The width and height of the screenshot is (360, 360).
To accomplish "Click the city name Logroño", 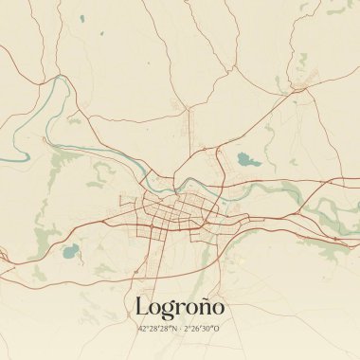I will click(x=179, y=308).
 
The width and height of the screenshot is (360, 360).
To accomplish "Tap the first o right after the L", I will click(x=156, y=309).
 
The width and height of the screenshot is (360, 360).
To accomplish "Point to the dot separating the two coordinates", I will click(x=180, y=329).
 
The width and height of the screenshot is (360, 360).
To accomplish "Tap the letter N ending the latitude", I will click(x=174, y=329).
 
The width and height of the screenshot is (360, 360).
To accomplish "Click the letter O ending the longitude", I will click(x=219, y=329).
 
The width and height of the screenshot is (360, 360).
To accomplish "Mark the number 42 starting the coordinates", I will click(x=141, y=329).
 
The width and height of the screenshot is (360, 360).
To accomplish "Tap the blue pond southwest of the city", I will click(x=69, y=251).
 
